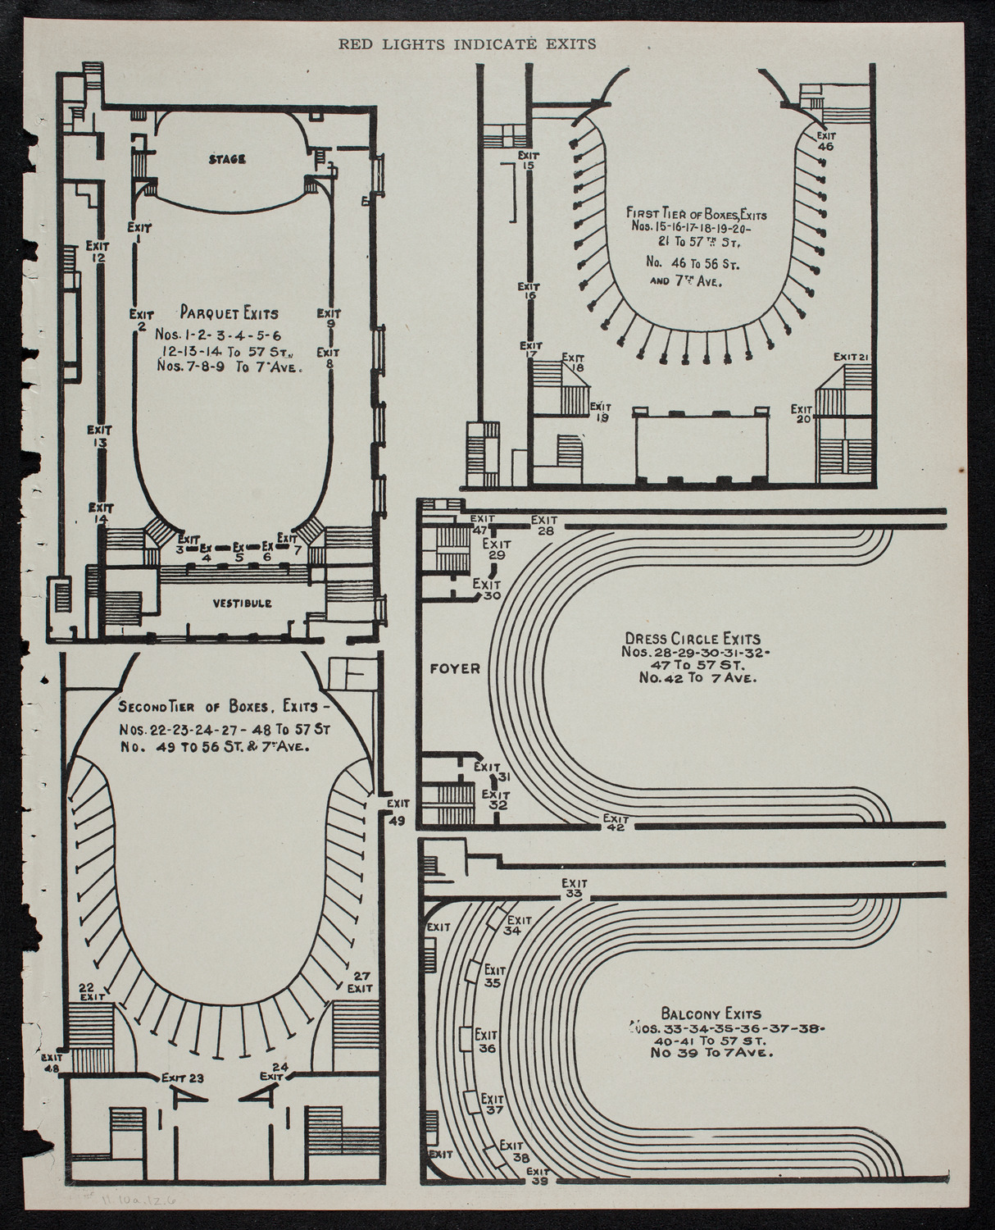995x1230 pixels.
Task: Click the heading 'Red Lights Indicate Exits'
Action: (x=468, y=44)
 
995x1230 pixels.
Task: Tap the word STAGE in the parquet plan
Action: (x=227, y=159)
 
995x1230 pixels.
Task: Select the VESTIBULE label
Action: (x=243, y=604)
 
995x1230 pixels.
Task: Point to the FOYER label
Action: (x=455, y=667)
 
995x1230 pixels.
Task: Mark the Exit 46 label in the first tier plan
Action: (x=825, y=140)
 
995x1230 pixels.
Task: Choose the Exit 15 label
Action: (x=527, y=159)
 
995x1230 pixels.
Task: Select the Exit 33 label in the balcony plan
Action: (x=573, y=888)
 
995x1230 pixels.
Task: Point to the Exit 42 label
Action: (x=615, y=822)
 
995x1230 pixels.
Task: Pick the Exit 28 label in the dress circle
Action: (x=544, y=525)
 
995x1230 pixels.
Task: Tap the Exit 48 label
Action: (x=50, y=1063)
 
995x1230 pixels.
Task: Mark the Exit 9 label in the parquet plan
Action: (x=329, y=317)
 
